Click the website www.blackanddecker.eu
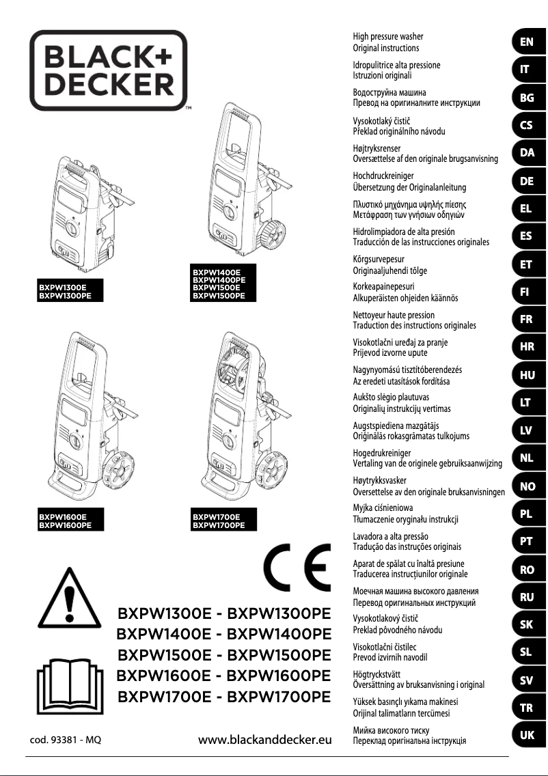point(264,740)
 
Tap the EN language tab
point(527,42)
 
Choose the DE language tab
point(527,181)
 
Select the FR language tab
point(527,319)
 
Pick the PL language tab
point(527,514)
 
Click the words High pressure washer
point(387,36)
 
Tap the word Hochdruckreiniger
point(383,176)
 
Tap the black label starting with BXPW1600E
point(62,521)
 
